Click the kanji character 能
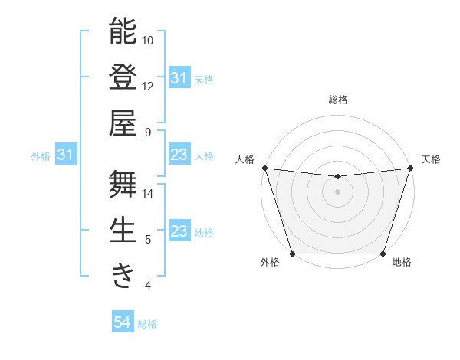click(123, 31)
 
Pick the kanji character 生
click(123, 230)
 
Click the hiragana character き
click(123, 276)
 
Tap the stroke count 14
click(149, 193)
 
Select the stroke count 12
click(149, 86)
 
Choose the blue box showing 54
click(123, 322)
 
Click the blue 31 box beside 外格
click(66, 155)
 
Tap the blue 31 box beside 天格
click(179, 78)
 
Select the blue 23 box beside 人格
click(179, 155)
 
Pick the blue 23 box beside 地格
click(179, 231)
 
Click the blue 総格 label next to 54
click(147, 324)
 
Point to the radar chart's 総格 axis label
click(337, 100)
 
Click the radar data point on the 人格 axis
click(264, 168)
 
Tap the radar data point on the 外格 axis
click(292, 254)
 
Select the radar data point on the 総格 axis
click(337, 177)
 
